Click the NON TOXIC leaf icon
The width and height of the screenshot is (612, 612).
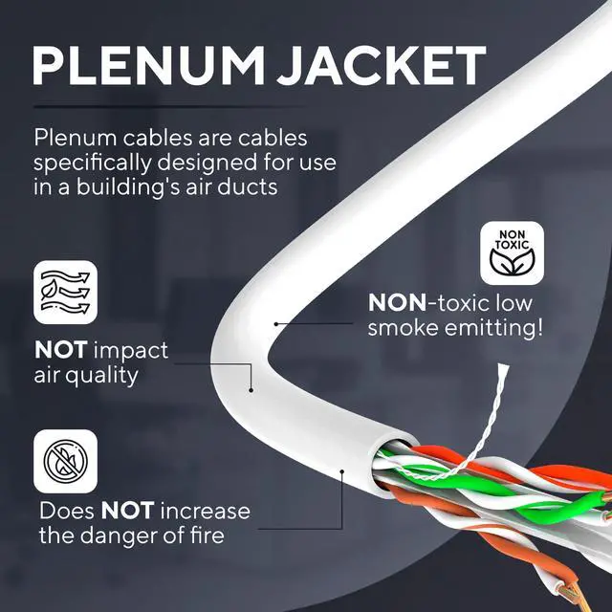pos(512,252)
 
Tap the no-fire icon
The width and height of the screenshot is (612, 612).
pos(66,459)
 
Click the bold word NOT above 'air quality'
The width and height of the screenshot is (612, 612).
pos(64,350)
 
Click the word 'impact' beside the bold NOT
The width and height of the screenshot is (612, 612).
pos(132,350)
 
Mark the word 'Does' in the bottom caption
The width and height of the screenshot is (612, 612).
pos(67,510)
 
